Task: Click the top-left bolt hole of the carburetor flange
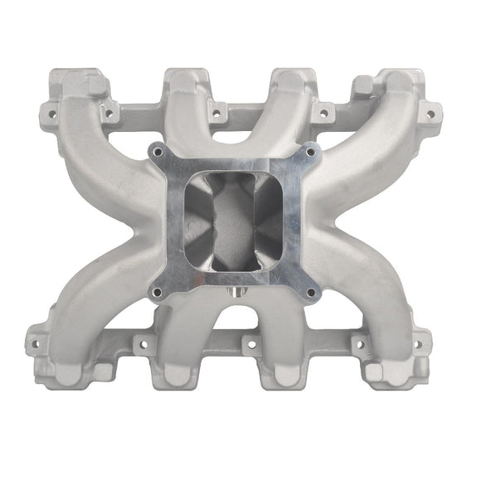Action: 157,153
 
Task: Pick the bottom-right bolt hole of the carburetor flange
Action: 311,292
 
